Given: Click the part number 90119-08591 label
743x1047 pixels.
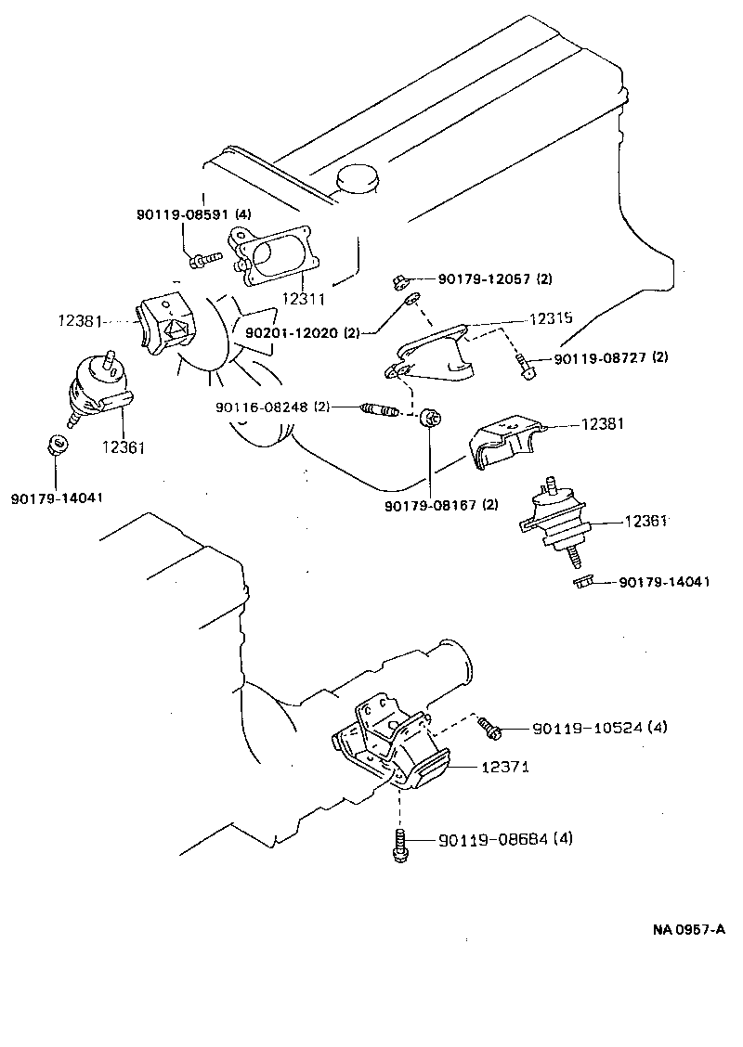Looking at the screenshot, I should (x=189, y=214).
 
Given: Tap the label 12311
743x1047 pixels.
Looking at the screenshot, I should (x=304, y=298).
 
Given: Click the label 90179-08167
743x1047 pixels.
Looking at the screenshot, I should (x=440, y=506).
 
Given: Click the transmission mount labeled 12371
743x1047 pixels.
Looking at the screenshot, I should (x=390, y=747).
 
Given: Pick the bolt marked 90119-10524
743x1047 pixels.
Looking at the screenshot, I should (x=489, y=729).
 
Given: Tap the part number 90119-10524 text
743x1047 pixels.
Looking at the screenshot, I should (x=600, y=728).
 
